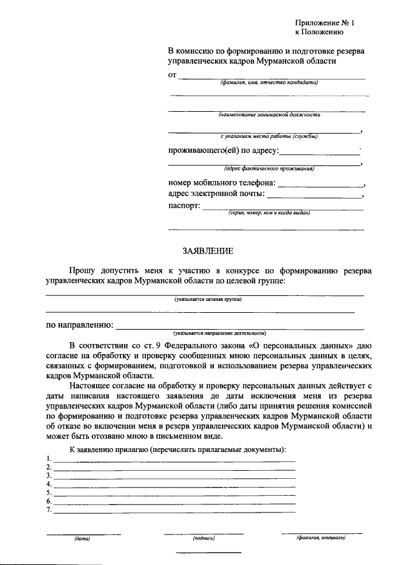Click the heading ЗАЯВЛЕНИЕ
point(208,251)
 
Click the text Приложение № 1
point(324,22)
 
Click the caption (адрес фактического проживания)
point(269,169)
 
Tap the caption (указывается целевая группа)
point(208,300)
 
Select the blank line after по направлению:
point(240,328)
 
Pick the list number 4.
point(49,484)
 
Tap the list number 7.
point(49,509)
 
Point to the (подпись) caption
point(204,538)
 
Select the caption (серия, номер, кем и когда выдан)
point(269,213)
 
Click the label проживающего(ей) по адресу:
point(224,150)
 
